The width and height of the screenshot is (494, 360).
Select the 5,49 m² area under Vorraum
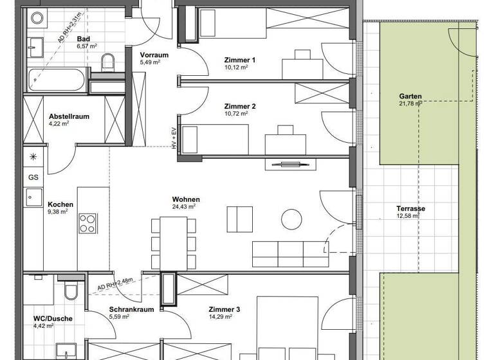pyautogui.click(x=149, y=63)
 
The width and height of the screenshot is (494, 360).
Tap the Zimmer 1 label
pyautogui.click(x=239, y=60)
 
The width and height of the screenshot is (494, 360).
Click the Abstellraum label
pyautogui.click(x=69, y=116)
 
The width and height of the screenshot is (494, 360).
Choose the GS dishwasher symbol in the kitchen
pyautogui.click(x=32, y=177)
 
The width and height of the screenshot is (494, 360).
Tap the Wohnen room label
pyautogui.click(x=185, y=199)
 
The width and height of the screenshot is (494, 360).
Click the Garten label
pyautogui.click(x=410, y=97)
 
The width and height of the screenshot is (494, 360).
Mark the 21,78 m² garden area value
pyautogui.click(x=409, y=105)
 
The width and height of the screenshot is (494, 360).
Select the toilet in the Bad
pyautogui.click(x=108, y=62)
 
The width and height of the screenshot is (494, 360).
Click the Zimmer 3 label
pyautogui.click(x=224, y=309)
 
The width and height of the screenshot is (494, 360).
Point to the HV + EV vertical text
pyautogui.click(x=174, y=139)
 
